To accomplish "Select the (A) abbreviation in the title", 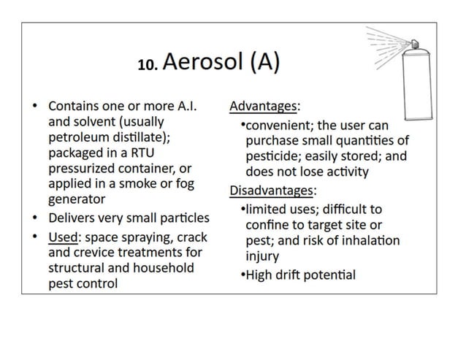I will pos(264,64).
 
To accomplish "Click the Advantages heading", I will pos(263,107).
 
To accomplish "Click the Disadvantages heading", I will pos(272,191).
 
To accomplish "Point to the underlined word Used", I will pos(64,237).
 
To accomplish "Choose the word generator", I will pos(77,199).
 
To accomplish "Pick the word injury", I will pos(262,257).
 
